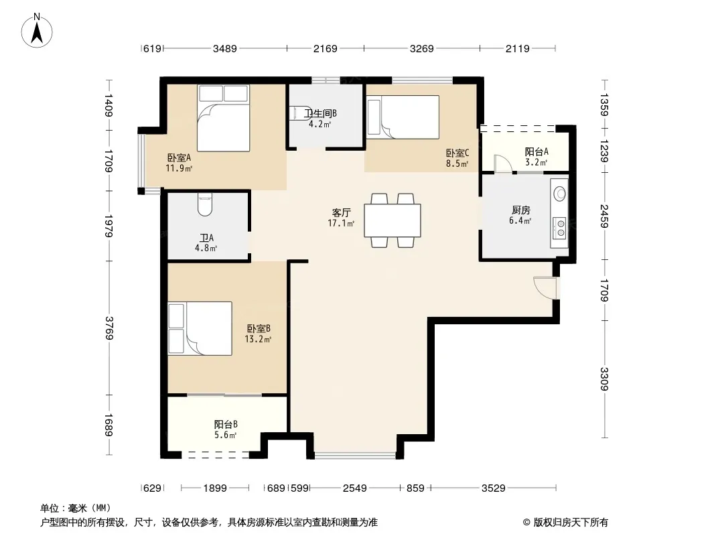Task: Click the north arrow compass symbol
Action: pos(37,31)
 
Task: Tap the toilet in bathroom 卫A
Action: pos(206,204)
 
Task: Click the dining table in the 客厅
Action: pos(392,220)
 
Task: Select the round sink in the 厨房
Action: pos(560,194)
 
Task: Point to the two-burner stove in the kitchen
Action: pos(560,228)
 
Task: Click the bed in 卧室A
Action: pos(224,118)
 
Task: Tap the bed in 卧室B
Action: pos(200,328)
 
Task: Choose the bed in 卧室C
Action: pos(403,117)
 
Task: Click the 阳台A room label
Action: pos(537,151)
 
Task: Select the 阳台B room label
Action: pos(226,424)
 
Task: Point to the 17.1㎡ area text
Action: pos(341,223)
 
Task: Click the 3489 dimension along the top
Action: pos(225,48)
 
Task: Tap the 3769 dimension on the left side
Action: pos(109,328)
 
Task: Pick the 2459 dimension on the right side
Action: pos(603,216)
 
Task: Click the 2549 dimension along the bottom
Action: pos(355,488)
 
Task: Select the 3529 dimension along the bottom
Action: pos(494,488)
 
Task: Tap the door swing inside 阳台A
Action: pos(503,163)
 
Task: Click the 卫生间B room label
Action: pos(321,113)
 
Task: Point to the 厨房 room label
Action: pos(520,210)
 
